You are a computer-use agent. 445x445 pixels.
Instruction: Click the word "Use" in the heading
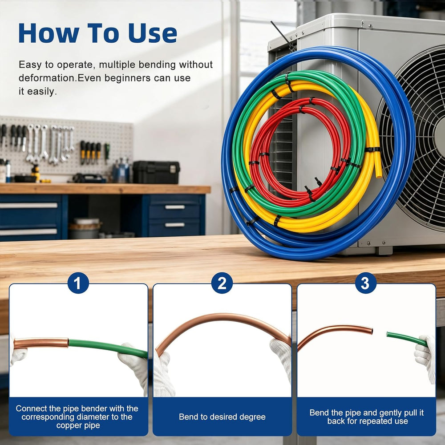click(x=153, y=33)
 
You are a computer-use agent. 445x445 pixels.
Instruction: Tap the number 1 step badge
click(x=78, y=283)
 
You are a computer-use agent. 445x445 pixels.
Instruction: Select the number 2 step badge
click(x=222, y=283)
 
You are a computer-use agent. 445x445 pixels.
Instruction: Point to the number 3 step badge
click(x=365, y=283)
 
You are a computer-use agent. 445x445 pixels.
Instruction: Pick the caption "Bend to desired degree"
click(x=222, y=417)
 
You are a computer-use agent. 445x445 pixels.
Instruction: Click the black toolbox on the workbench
click(x=156, y=172)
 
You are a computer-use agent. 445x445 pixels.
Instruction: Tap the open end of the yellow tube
click(x=379, y=175)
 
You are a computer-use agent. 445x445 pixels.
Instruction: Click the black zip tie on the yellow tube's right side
click(x=372, y=150)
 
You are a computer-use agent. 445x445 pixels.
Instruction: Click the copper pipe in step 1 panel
click(x=41, y=343)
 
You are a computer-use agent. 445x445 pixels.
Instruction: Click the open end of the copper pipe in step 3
click(x=371, y=331)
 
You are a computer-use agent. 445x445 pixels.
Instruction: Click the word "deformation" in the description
click(x=47, y=78)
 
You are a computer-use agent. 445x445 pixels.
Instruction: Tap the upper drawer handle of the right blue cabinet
click(x=175, y=207)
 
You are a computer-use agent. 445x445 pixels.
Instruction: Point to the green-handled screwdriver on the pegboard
click(x=107, y=152)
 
